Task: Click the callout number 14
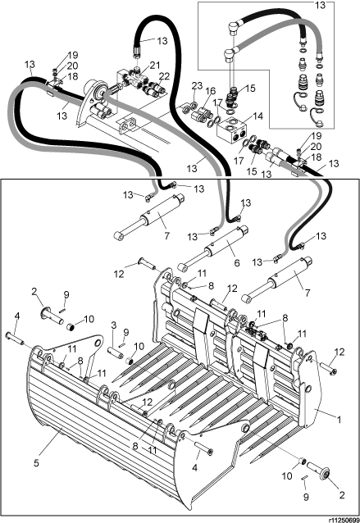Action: pyautogui.click(x=258, y=116)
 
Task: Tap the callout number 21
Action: pyautogui.click(x=155, y=66)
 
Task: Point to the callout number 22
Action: pyautogui.click(x=164, y=76)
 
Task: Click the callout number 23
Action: pyautogui.click(x=197, y=85)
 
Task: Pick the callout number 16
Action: pyautogui.click(x=211, y=91)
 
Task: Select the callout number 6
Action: pyautogui.click(x=236, y=263)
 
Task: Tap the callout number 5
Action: pyautogui.click(x=36, y=463)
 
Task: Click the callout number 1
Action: pyautogui.click(x=339, y=419)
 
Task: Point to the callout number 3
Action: pyautogui.click(x=114, y=325)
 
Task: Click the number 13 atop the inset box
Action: pyautogui.click(x=321, y=5)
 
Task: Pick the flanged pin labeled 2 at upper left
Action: pyautogui.click(x=52, y=316)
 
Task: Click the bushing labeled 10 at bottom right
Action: pyautogui.click(x=303, y=461)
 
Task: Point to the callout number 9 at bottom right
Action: pyautogui.click(x=306, y=497)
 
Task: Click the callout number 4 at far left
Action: pyautogui.click(x=16, y=316)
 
